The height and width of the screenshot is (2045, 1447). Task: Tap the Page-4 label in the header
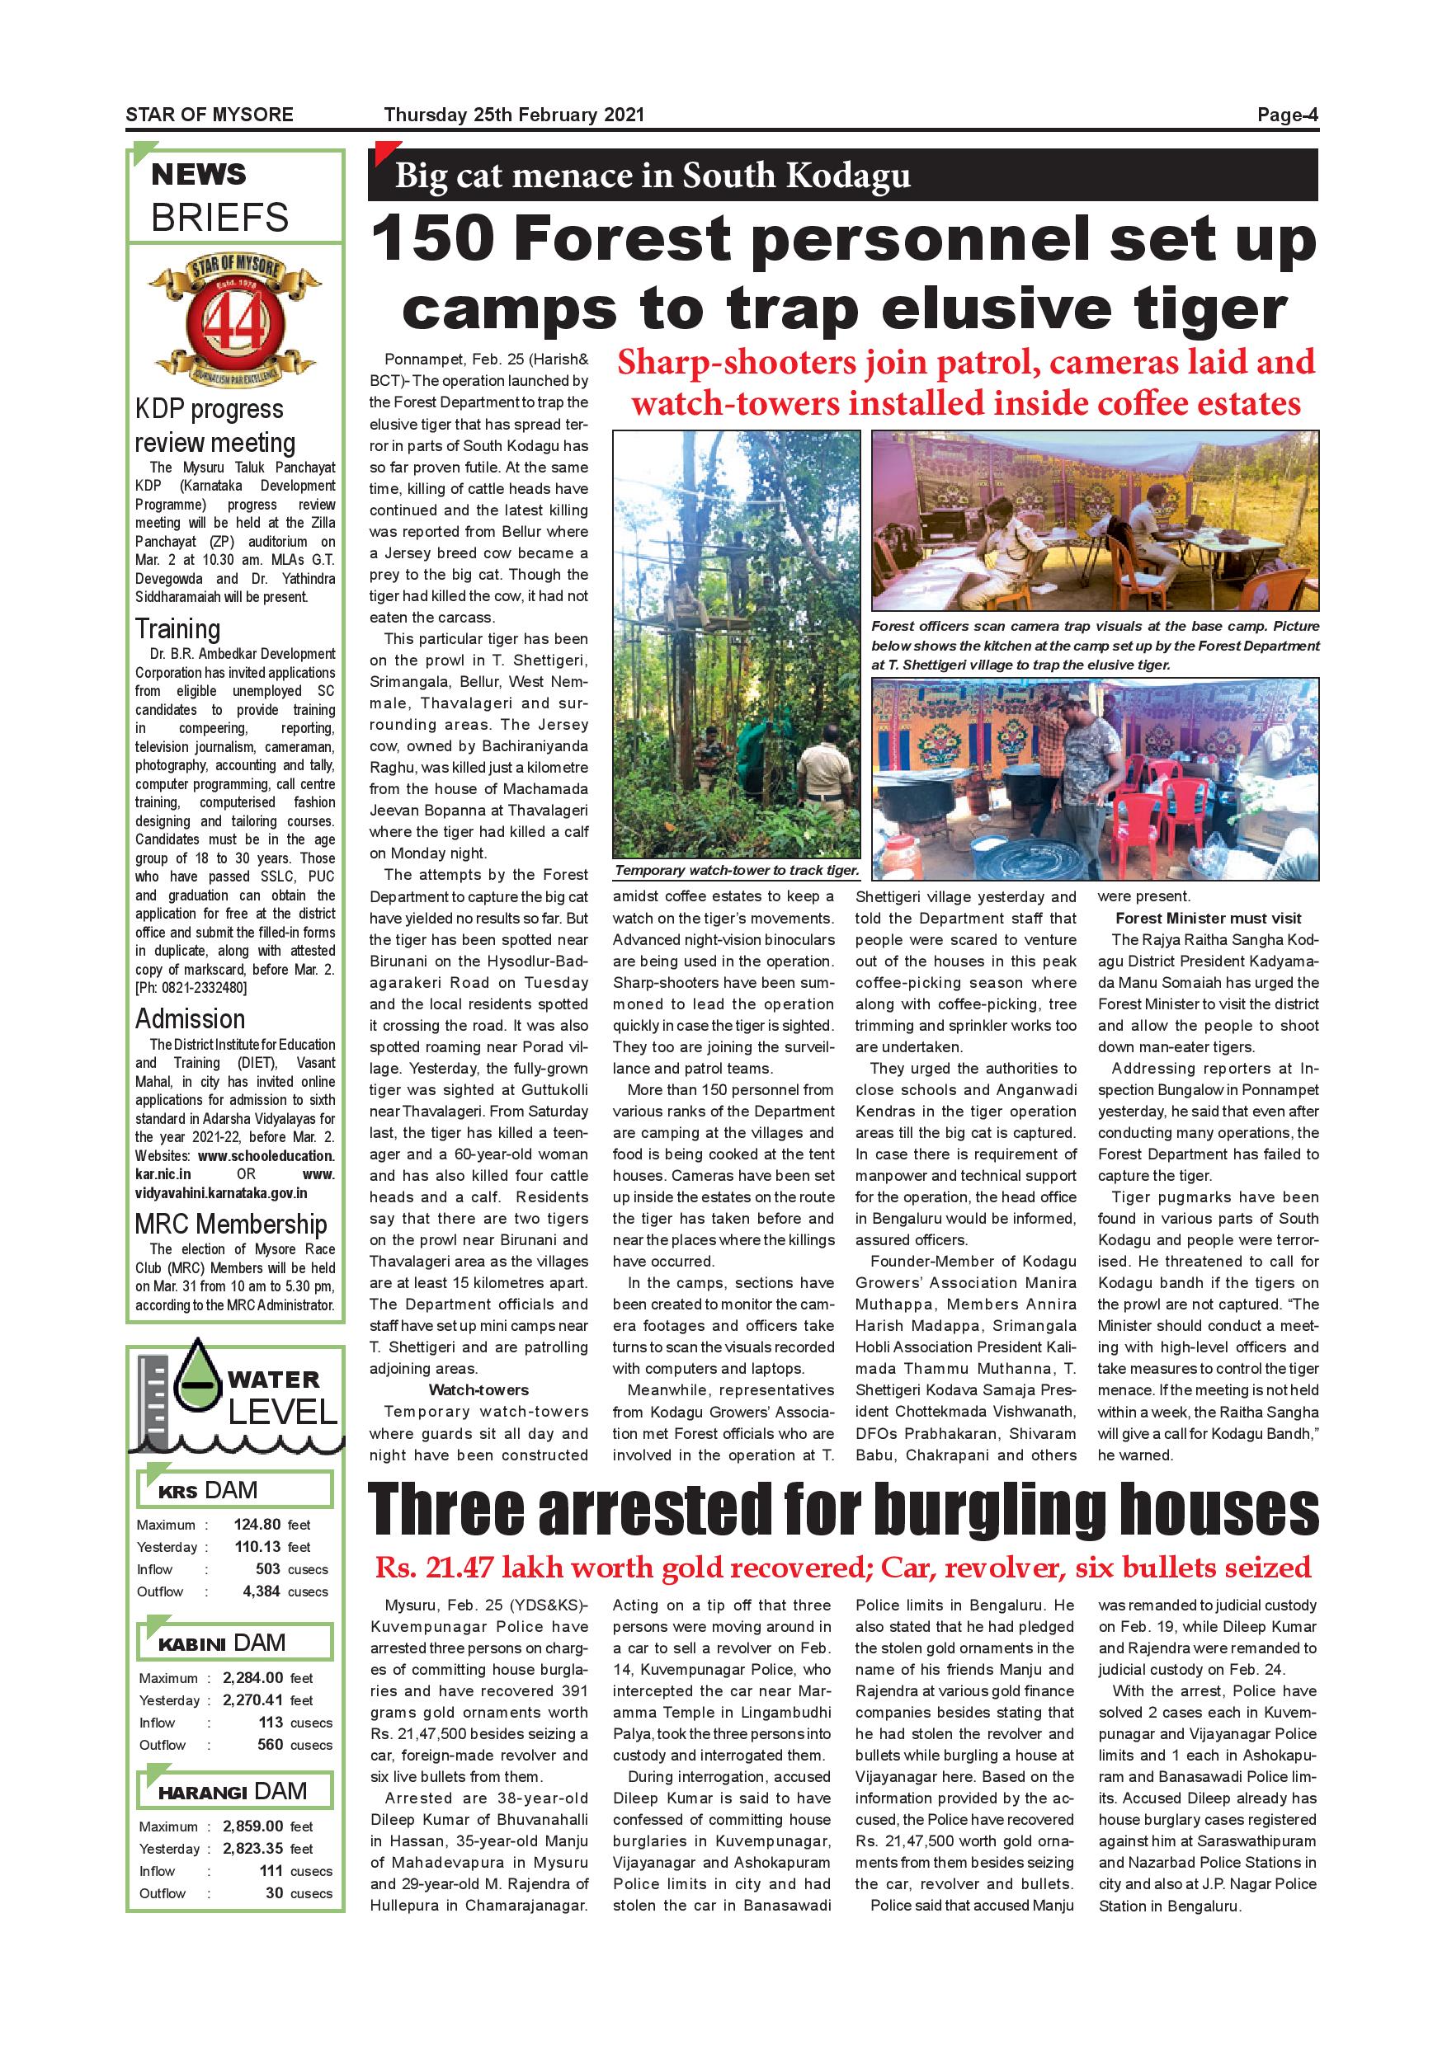[x=1287, y=114]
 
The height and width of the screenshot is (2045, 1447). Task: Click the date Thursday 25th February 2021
[x=513, y=114]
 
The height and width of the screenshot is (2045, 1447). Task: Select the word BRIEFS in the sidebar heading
[x=219, y=218]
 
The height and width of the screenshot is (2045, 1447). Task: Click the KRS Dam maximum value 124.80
[x=257, y=1524]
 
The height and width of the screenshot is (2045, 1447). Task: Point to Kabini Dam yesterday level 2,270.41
[x=252, y=1700]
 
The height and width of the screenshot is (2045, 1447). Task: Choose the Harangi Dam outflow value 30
[x=274, y=1892]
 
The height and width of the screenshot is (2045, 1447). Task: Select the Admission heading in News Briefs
[x=189, y=1019]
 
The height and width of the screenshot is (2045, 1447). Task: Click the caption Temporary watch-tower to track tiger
[x=737, y=870]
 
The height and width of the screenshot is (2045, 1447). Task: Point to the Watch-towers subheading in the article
[x=478, y=1389]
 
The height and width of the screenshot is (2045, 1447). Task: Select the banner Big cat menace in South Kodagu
[x=653, y=176]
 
